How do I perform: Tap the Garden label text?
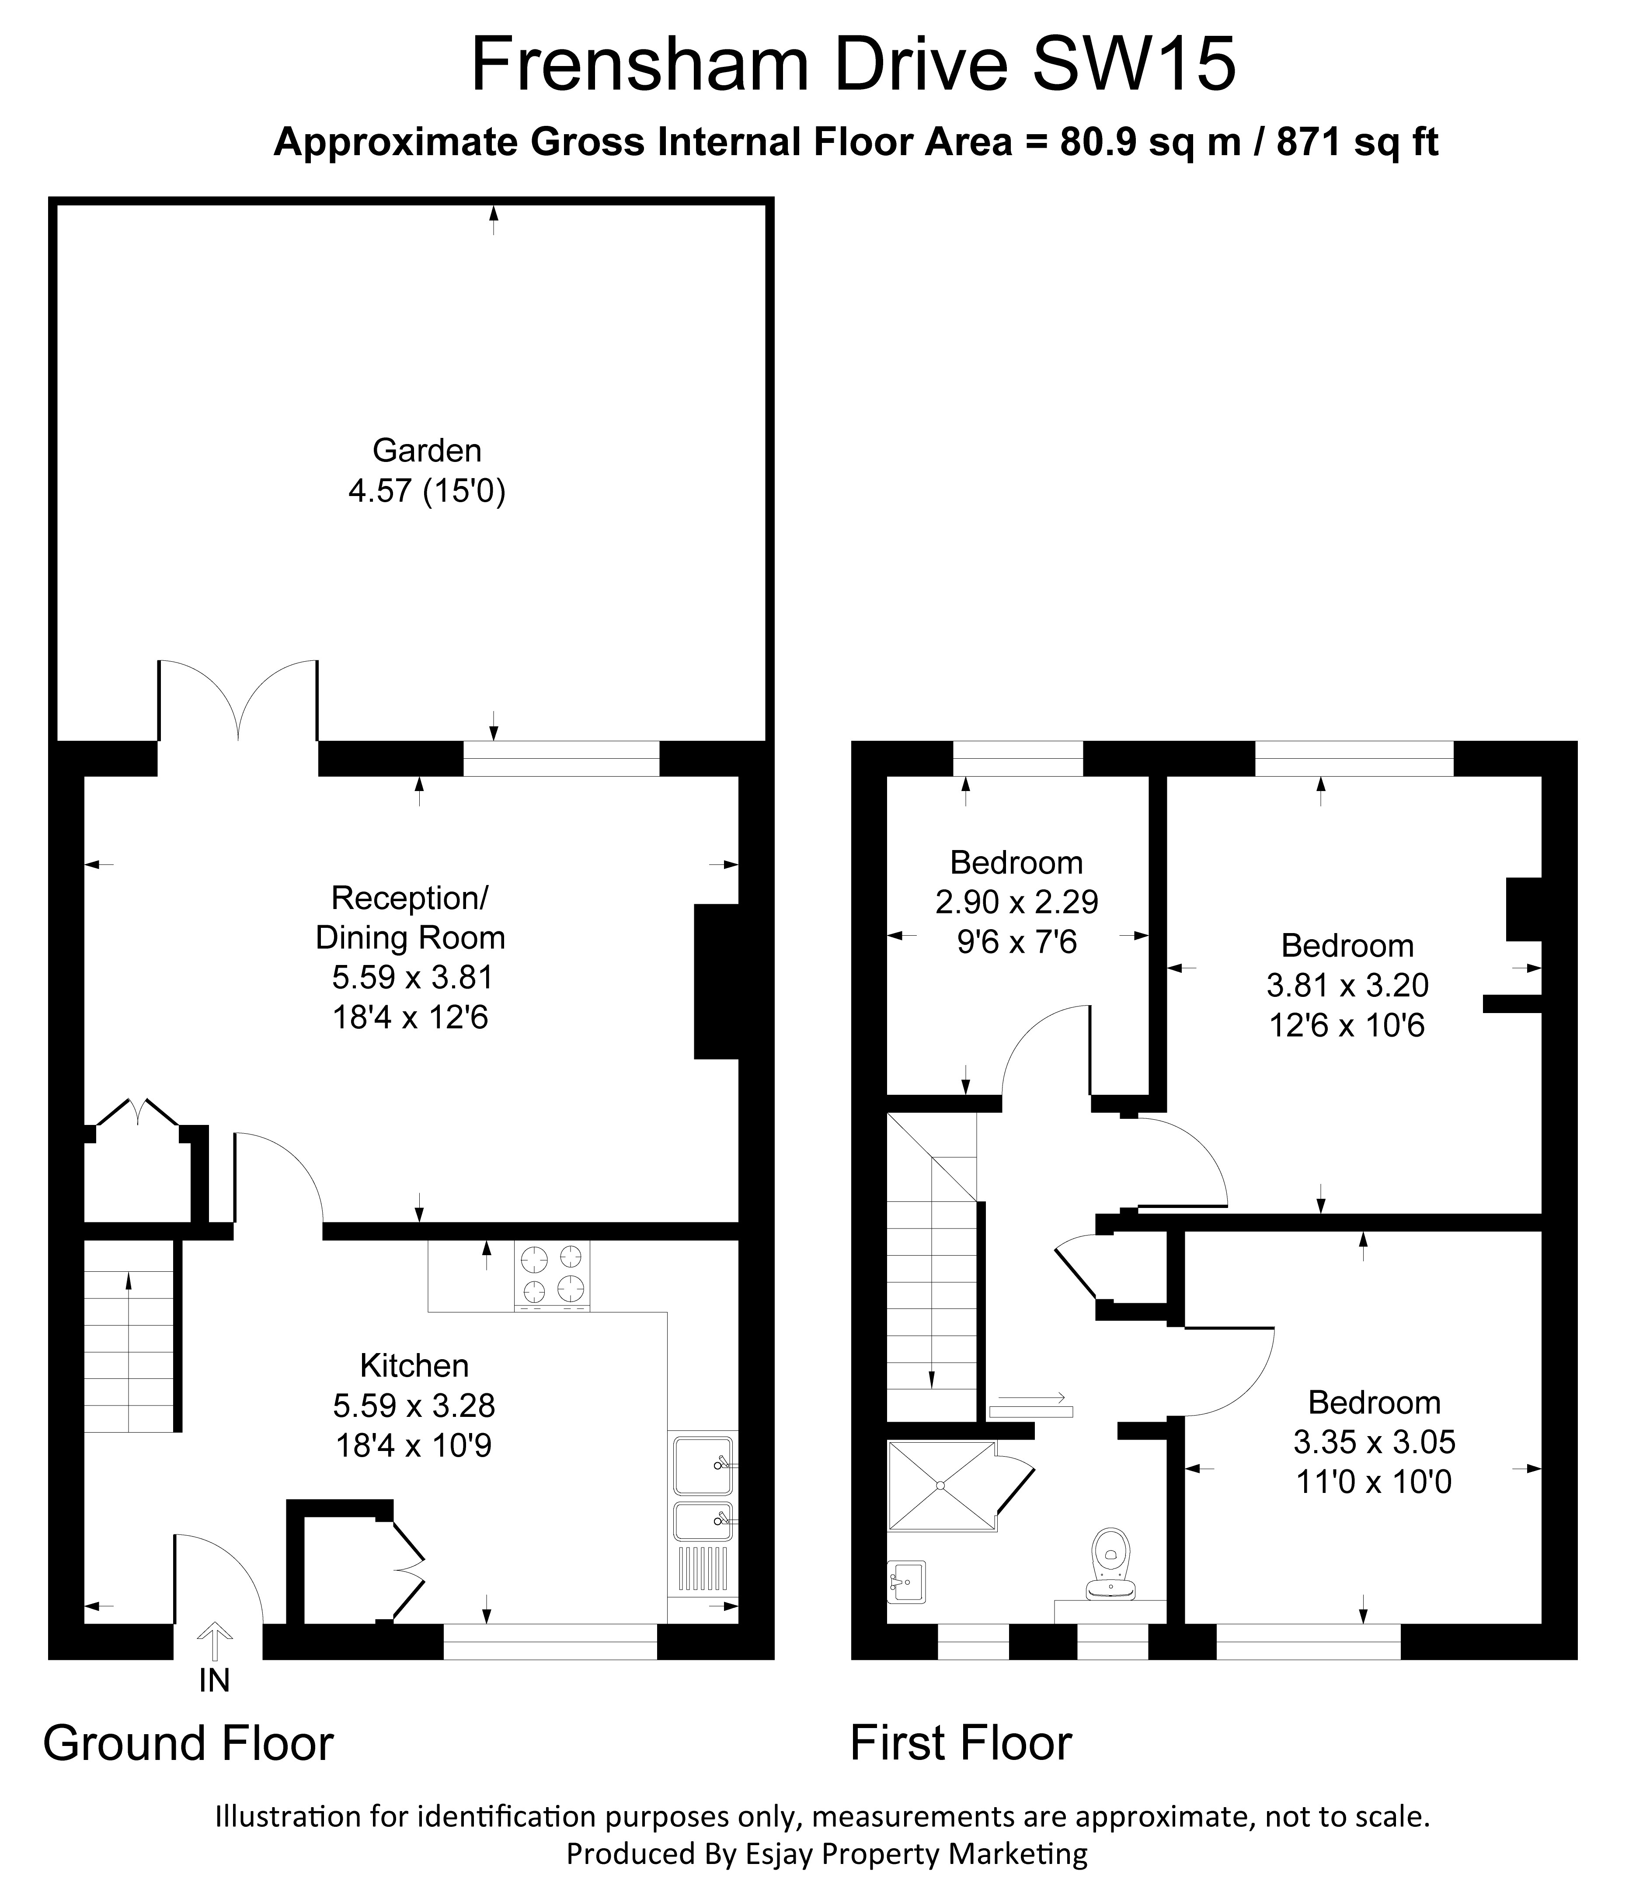tap(427, 450)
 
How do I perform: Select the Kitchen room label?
tap(414, 1365)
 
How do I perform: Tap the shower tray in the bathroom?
tap(941, 1485)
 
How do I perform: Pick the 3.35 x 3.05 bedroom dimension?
tap(1374, 1441)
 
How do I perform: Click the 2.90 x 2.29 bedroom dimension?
tap(1016, 902)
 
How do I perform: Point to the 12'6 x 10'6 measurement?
tap(1347, 1026)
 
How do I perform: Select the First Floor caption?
tap(961, 1743)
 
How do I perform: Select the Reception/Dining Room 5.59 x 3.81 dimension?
tap(412, 977)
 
